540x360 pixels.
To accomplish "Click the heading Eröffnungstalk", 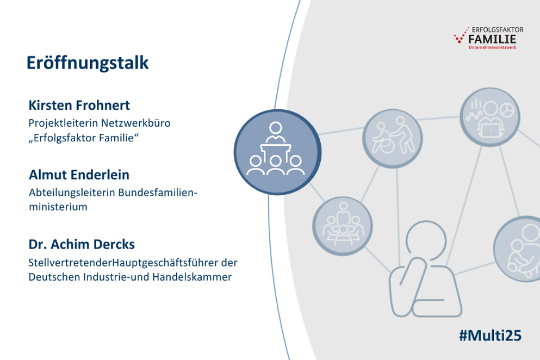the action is point(88,63).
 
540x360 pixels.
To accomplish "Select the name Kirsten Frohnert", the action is point(79,105).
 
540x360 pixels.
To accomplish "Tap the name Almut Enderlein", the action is point(79,175).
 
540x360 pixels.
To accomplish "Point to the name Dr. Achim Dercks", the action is point(82,244).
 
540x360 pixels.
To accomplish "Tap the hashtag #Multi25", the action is point(490,335).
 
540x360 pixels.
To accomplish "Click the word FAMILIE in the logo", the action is point(492,39).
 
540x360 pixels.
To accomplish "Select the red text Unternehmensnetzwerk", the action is point(492,47).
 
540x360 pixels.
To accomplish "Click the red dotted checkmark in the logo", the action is point(461,35).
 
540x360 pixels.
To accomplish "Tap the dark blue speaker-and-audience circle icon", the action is point(277,152).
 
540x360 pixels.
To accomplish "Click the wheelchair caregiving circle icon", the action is point(393,139).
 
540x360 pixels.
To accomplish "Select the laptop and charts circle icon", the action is point(490,117).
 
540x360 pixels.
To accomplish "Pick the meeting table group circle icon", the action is point(343,226).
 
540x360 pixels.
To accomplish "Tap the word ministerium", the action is point(58,207).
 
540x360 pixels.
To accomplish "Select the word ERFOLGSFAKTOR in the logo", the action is point(498,30).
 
